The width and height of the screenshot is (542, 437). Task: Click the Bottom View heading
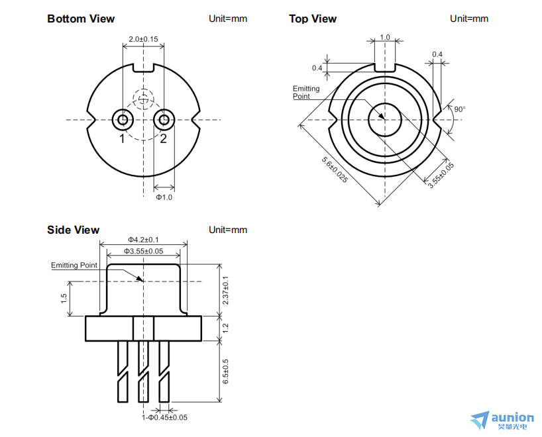point(81,19)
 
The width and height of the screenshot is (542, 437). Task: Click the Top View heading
point(313,19)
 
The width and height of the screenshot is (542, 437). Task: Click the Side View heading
point(73,230)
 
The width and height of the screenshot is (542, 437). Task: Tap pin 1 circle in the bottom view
point(123,120)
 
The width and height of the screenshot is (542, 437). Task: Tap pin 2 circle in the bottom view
point(163,120)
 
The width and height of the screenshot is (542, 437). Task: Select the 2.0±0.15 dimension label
point(143,39)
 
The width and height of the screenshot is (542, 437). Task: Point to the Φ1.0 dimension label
point(164,197)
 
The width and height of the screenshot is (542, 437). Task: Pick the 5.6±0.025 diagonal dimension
point(335,170)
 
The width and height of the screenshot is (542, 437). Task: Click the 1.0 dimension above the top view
point(385,37)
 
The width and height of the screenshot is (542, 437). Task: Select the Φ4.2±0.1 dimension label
point(143,240)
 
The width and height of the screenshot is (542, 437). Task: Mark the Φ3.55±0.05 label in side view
point(143,251)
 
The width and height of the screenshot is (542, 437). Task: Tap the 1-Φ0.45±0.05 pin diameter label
point(165,417)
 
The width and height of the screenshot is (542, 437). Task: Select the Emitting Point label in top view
point(306,92)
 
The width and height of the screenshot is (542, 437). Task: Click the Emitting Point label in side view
point(74,266)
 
